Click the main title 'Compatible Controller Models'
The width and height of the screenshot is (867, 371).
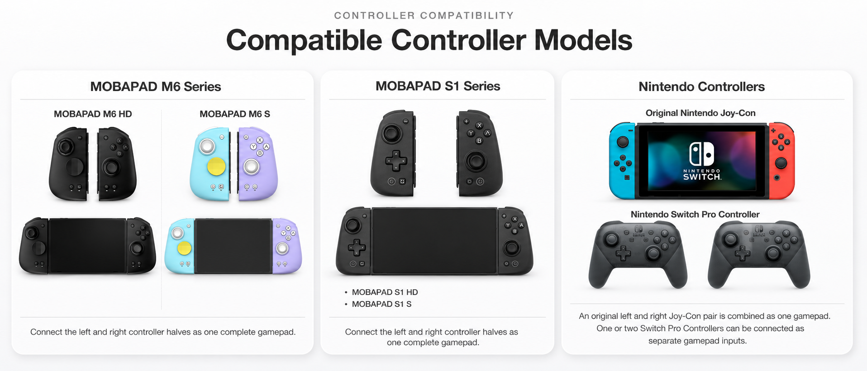pyautogui.click(x=429, y=40)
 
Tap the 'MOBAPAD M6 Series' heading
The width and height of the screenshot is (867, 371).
pyautogui.click(x=156, y=86)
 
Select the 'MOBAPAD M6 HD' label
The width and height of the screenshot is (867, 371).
pyautogui.click(x=93, y=114)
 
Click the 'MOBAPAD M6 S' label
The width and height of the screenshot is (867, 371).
pyautogui.click(x=235, y=114)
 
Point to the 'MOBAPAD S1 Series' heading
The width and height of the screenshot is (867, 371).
pyautogui.click(x=438, y=86)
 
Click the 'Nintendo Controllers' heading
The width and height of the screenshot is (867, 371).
pyautogui.click(x=701, y=86)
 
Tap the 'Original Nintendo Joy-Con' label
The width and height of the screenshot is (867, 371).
pyautogui.click(x=700, y=113)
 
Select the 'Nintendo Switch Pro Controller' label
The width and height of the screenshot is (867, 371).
pyautogui.click(x=695, y=214)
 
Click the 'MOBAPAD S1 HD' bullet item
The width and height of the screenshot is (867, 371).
pyautogui.click(x=385, y=292)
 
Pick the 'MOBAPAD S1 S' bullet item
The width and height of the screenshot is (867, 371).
pyautogui.click(x=381, y=304)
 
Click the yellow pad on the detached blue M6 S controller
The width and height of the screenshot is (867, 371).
pyautogui.click(x=216, y=166)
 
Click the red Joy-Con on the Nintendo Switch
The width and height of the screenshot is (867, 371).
pyautogui.click(x=781, y=160)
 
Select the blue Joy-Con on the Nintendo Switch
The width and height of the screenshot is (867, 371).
pyautogui.click(x=622, y=160)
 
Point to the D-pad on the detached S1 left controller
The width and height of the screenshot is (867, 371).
pyautogui.click(x=396, y=160)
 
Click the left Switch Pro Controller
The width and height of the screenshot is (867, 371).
pyautogui.click(x=638, y=254)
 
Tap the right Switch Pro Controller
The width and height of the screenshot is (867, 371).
pyautogui.click(x=759, y=254)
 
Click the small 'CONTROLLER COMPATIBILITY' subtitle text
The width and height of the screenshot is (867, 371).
pyautogui.click(x=424, y=15)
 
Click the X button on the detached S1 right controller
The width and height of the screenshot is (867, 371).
pyautogui.click(x=479, y=125)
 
